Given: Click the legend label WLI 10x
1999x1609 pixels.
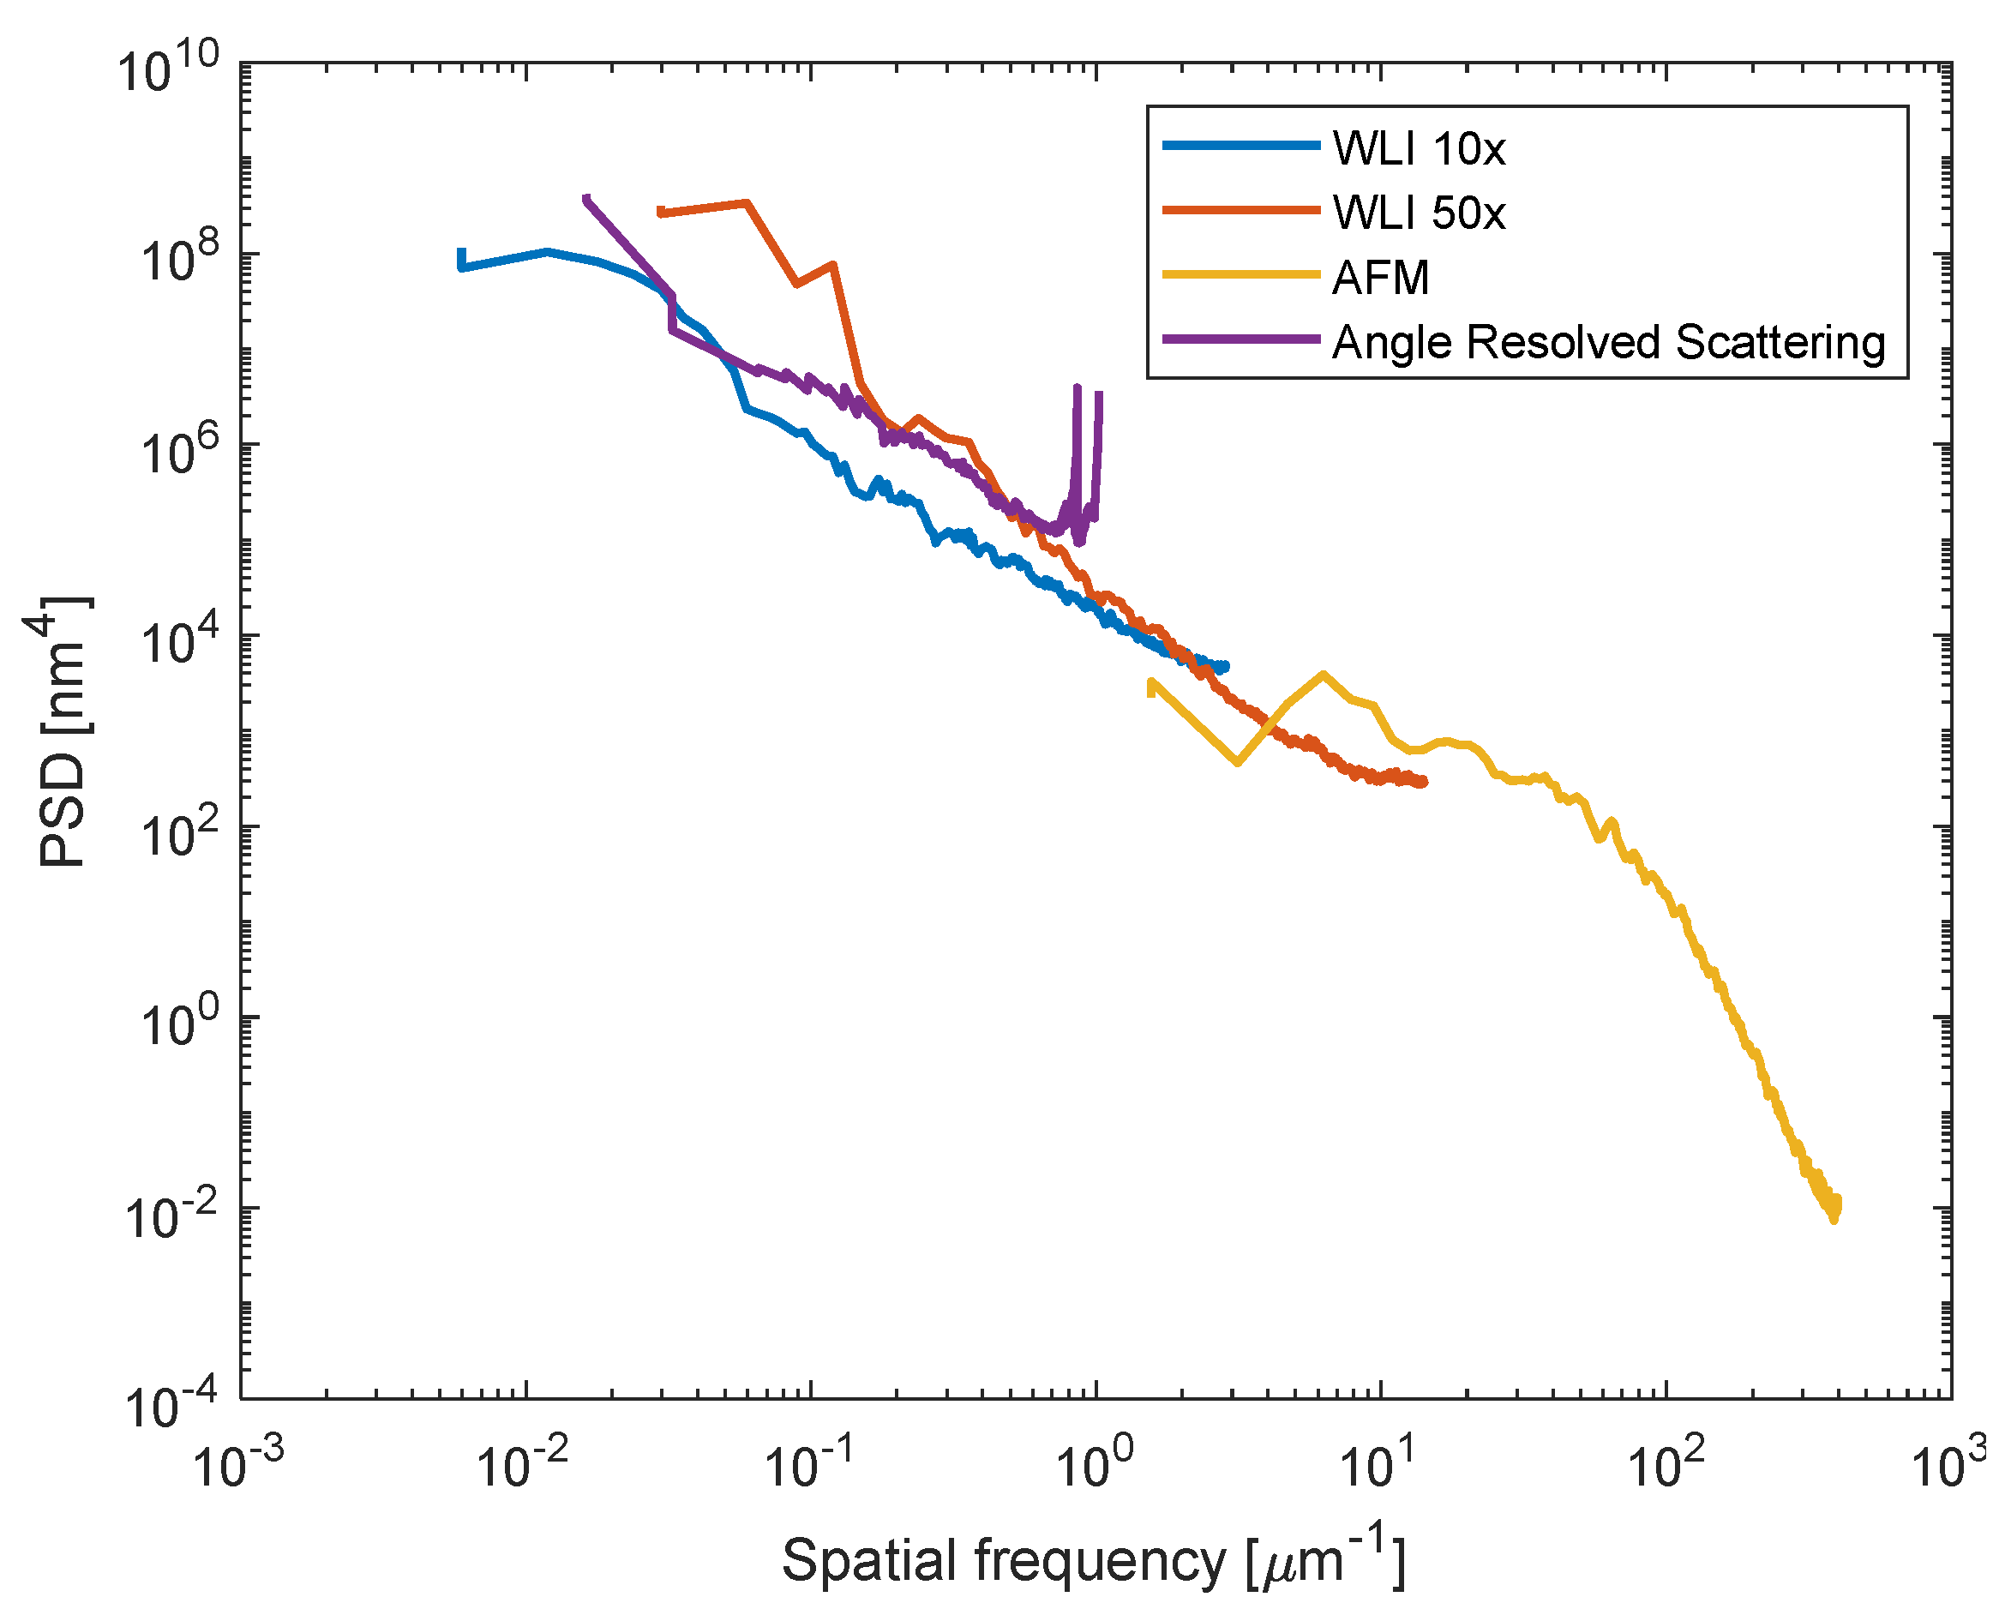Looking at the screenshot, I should coord(1419,148).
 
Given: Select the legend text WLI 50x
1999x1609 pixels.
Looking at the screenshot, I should coord(1419,213).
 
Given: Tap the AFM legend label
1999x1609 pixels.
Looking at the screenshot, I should coord(1381,277).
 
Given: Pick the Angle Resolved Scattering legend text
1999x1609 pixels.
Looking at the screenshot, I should coord(1609,342).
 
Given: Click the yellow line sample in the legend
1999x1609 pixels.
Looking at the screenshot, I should coord(1240,274).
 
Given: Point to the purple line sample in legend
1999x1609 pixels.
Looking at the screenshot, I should coord(1240,339).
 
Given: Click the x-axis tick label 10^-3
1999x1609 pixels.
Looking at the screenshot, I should coord(238,1465).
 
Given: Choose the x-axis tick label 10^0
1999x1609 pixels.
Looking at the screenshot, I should coord(1094,1465).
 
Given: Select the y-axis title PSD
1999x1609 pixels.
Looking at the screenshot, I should coord(60,733).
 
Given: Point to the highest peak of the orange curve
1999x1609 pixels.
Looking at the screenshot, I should coord(747,202).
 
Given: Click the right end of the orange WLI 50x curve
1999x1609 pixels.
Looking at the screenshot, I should coord(1424,782).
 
